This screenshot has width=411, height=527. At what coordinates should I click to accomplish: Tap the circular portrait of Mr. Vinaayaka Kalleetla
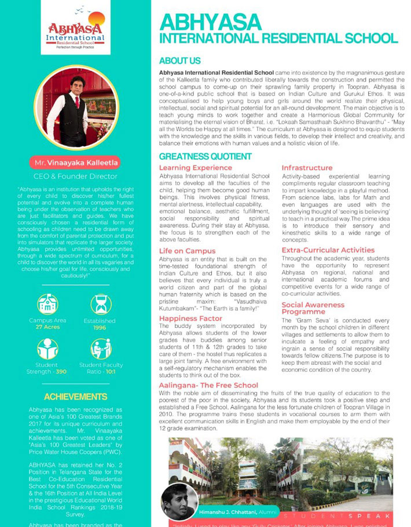tap(76, 108)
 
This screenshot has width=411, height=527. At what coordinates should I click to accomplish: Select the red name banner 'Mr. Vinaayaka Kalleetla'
tap(75, 163)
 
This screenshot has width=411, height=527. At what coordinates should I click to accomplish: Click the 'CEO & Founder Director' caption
tap(75, 176)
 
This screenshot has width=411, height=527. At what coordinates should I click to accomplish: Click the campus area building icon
tap(47, 305)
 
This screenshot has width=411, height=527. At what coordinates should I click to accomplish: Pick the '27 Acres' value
tap(47, 327)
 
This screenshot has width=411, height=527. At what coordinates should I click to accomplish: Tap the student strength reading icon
tap(47, 349)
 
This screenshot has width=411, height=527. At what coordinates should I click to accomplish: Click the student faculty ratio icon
tap(101, 349)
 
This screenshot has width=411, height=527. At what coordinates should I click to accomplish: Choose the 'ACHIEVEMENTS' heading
tap(76, 397)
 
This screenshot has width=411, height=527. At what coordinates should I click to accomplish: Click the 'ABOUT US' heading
tap(180, 61)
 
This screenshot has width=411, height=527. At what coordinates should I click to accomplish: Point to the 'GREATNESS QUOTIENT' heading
tap(205, 156)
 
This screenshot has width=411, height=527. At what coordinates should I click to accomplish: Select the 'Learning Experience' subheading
tap(195, 168)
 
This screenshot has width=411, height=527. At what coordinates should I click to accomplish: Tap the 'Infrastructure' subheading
tap(307, 168)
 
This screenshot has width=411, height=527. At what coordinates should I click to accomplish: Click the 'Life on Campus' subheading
tap(187, 251)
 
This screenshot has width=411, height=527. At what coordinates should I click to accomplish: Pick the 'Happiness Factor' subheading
tap(190, 319)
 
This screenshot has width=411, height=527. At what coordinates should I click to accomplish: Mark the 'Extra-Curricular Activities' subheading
tap(328, 250)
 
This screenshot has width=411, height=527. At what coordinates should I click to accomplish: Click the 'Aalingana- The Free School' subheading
tap(208, 385)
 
